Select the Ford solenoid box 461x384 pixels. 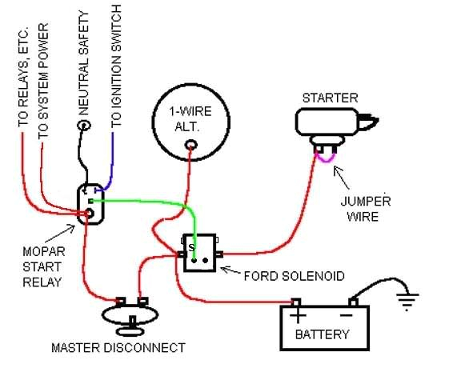[x=200, y=253]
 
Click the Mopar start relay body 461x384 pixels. [x=89, y=203]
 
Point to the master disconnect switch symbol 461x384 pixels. [x=130, y=315]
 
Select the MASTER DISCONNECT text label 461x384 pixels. [x=118, y=348]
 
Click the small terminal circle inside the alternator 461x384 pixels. [x=190, y=145]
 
